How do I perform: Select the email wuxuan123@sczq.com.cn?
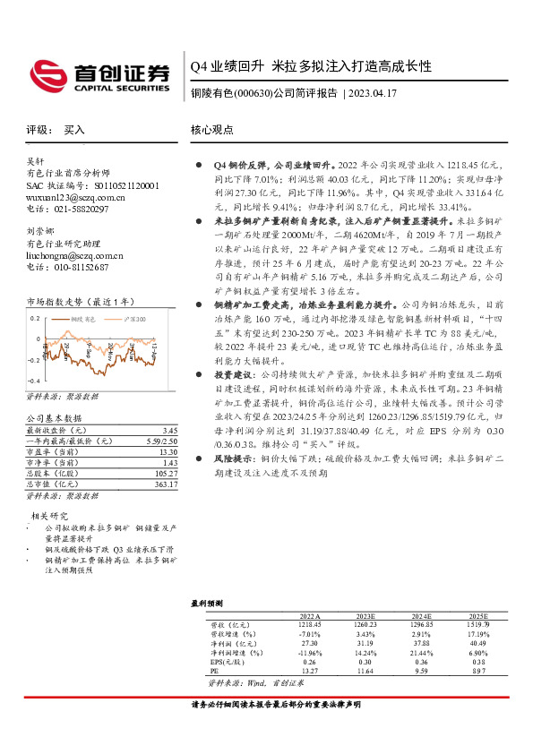click(75, 197)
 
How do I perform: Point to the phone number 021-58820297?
click(82, 209)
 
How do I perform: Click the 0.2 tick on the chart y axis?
click(35, 318)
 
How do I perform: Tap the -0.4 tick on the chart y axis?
click(34, 381)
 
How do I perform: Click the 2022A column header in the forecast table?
click(308, 617)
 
